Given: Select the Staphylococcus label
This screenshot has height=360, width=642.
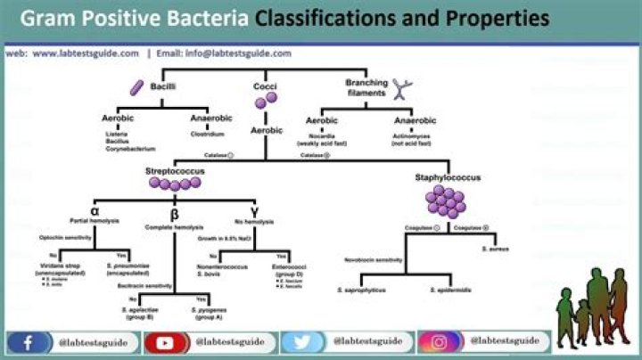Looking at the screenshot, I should (x=448, y=177).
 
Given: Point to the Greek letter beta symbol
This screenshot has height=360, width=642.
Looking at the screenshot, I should (x=173, y=213).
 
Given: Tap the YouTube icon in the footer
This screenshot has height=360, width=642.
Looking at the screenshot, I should (x=164, y=341).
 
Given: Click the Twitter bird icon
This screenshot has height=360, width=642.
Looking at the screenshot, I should (x=301, y=341).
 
